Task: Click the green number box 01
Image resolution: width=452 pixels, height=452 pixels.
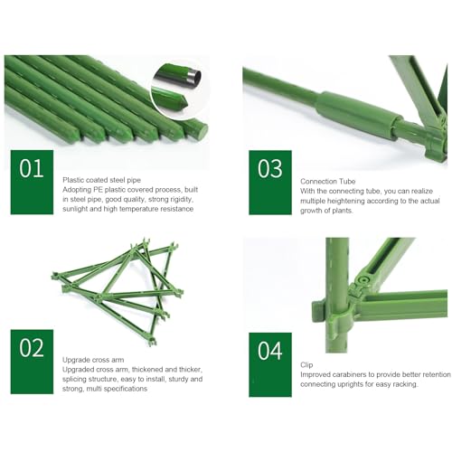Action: click(32, 183)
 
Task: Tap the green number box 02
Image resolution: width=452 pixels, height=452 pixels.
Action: click(32, 362)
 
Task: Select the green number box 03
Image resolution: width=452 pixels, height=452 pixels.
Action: click(270, 183)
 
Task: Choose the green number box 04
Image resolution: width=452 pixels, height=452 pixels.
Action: click(270, 365)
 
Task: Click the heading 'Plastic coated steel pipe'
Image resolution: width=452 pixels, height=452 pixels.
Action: click(101, 180)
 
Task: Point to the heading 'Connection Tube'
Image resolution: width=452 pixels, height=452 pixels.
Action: click(328, 182)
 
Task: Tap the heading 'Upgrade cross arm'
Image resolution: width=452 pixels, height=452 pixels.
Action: click(93, 360)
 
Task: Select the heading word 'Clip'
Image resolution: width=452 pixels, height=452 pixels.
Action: click(306, 365)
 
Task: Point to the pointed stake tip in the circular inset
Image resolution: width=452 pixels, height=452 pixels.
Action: click(183, 102)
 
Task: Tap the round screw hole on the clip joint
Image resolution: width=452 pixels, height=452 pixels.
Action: click(364, 279)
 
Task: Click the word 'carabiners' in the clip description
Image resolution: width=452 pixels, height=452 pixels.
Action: click(351, 374)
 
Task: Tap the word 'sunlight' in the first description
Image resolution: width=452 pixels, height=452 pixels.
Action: click(75, 209)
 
